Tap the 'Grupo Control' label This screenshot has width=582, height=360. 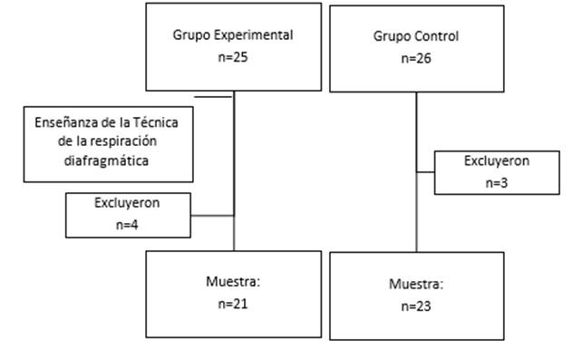(416, 36)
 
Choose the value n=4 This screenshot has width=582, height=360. (127, 222)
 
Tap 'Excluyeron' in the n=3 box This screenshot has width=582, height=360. (497, 161)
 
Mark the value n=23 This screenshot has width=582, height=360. (416, 306)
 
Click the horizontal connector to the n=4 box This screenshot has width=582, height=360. (212, 216)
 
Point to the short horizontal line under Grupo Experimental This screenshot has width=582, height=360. (213, 92)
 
